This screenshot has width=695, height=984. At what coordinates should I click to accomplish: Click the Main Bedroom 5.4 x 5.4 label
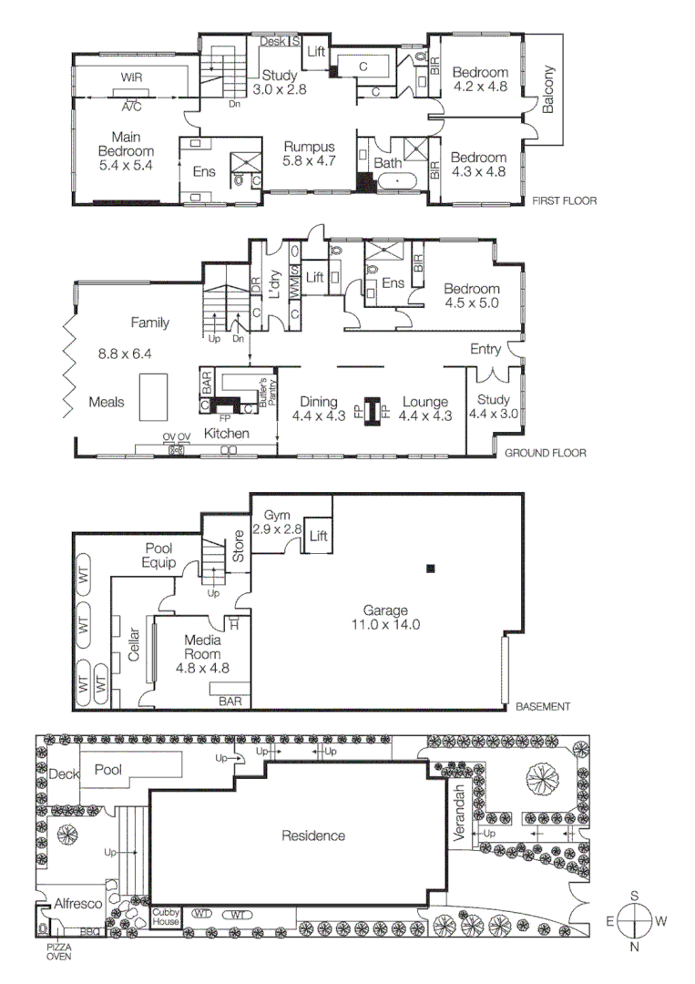click(126, 152)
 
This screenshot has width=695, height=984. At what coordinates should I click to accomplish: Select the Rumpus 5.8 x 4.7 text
click(309, 154)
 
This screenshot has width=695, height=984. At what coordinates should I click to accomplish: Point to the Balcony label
click(548, 92)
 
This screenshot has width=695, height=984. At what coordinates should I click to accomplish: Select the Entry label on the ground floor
click(485, 349)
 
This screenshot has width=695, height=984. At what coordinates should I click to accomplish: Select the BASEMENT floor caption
click(542, 706)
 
